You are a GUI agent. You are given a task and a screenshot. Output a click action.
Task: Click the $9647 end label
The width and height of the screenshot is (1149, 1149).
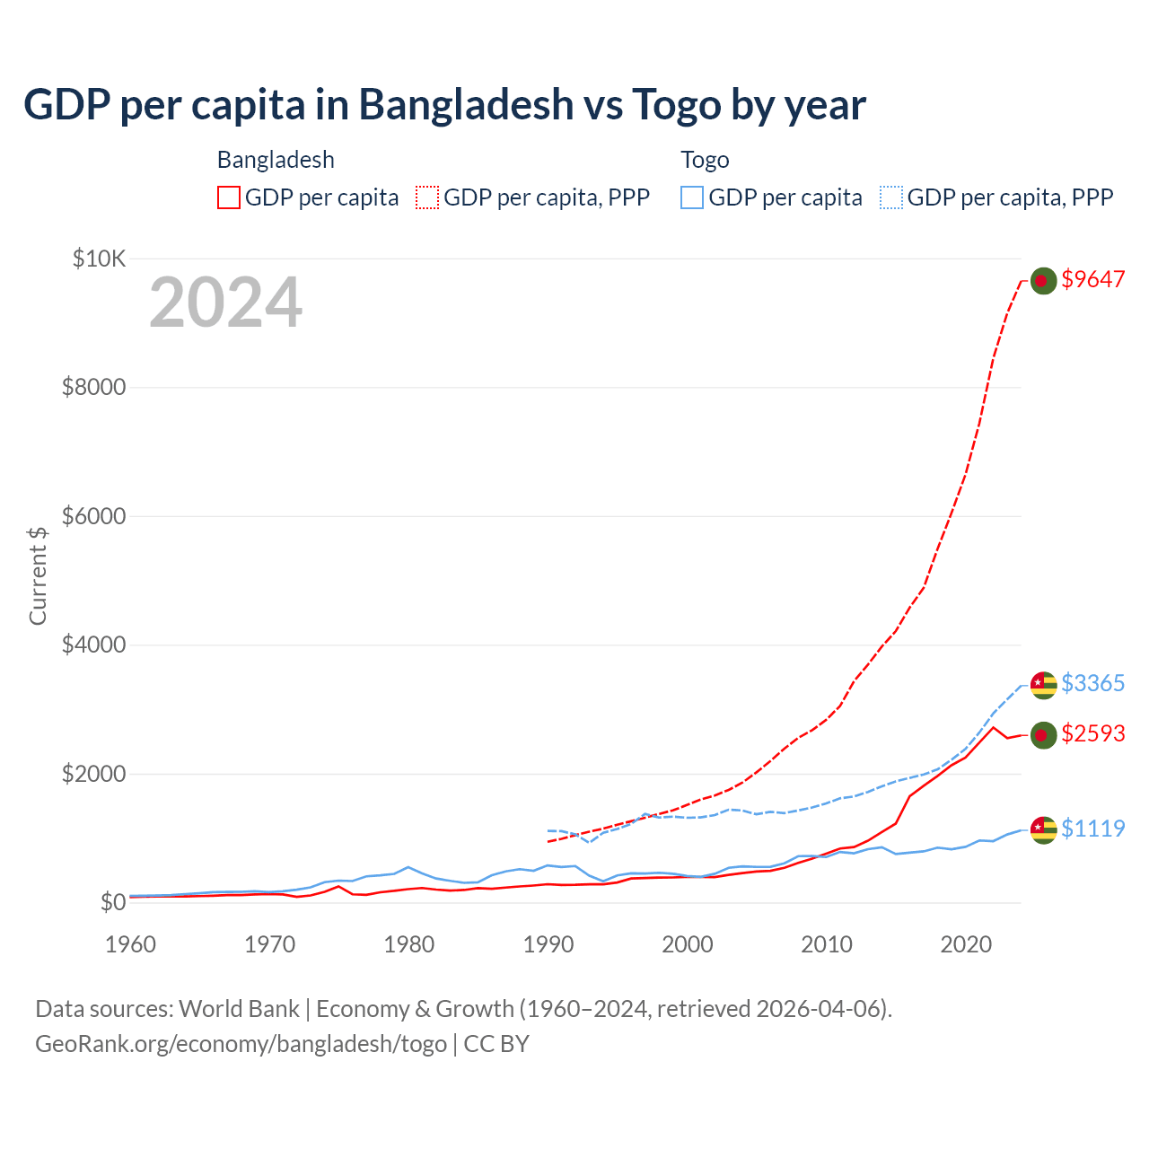[1092, 279]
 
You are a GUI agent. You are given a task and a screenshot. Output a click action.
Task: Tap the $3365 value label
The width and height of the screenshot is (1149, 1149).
[1092, 683]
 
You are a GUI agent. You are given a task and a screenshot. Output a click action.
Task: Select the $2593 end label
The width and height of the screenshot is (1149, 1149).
[1092, 733]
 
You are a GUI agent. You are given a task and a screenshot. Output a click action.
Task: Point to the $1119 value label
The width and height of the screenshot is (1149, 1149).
[1092, 828]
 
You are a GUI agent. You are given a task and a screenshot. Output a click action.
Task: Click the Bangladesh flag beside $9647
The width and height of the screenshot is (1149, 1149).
[1042, 281]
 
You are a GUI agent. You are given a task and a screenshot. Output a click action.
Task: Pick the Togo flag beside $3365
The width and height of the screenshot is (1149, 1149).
[1042, 685]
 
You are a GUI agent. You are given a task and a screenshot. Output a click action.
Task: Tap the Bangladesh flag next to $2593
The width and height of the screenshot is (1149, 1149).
[1042, 735]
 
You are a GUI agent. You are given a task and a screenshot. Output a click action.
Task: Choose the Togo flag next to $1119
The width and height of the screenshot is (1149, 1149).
[1042, 829]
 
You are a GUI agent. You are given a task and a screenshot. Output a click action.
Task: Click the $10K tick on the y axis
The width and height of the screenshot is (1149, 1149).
[99, 259]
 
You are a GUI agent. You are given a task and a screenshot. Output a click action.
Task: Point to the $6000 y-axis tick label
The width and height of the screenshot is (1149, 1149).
[93, 516]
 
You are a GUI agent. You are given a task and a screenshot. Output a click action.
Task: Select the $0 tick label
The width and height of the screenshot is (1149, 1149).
[112, 902]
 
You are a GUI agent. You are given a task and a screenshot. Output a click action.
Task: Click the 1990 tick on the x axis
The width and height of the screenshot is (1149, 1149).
[548, 944]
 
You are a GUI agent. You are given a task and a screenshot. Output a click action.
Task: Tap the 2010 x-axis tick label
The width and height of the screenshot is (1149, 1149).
[827, 944]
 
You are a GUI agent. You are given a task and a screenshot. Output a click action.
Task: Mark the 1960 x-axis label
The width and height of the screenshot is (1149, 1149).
[131, 944]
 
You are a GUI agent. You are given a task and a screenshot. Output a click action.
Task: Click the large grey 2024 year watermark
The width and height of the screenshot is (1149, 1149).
[225, 303]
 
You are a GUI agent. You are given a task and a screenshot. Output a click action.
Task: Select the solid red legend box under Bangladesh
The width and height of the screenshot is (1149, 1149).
[229, 197]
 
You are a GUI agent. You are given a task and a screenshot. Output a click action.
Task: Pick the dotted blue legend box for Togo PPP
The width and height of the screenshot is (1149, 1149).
[891, 197]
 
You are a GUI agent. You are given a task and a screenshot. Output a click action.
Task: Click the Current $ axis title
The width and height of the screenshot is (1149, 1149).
[38, 575]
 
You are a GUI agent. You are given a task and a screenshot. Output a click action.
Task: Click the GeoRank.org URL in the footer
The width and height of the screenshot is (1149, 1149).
[241, 1044]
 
